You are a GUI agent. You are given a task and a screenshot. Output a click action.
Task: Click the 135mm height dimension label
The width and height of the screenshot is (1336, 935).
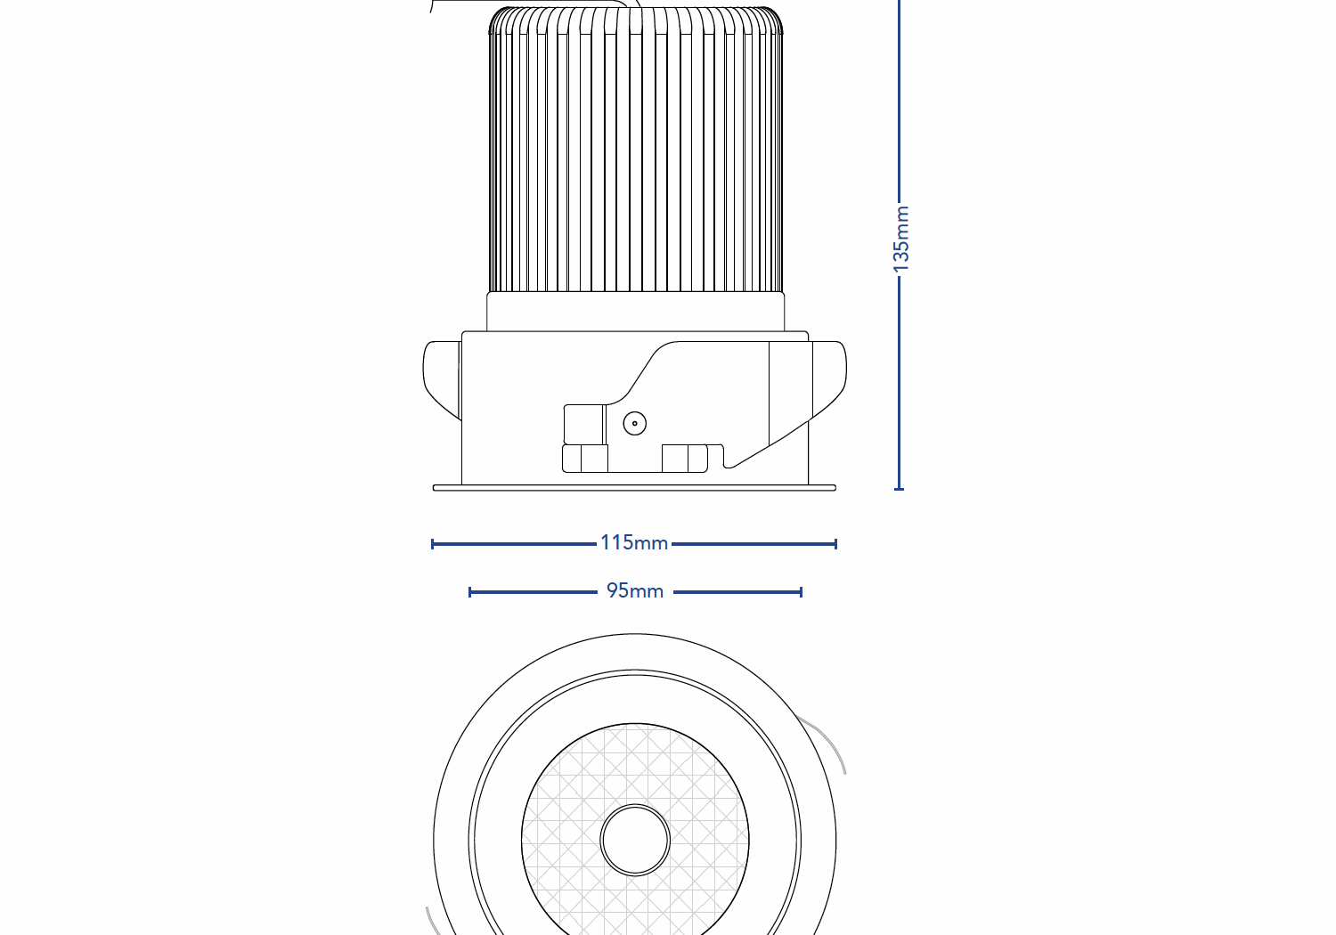(x=900, y=239)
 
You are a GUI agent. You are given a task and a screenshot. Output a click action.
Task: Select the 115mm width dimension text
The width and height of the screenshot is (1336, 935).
(x=633, y=542)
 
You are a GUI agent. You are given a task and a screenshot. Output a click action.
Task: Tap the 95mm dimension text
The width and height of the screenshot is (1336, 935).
(x=634, y=590)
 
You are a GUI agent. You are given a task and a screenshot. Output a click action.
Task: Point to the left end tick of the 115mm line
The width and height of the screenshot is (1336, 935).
(x=433, y=543)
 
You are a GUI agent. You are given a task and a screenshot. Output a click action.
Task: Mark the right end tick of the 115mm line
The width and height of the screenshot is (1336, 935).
(x=835, y=543)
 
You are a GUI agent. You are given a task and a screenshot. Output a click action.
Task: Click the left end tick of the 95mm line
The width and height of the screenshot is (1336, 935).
(x=470, y=591)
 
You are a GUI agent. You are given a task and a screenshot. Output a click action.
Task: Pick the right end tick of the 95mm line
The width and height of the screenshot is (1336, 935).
(x=801, y=591)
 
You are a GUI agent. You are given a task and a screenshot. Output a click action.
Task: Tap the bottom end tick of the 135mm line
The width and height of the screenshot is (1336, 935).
(x=899, y=488)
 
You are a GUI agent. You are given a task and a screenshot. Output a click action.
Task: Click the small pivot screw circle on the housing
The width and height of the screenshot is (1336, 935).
(x=634, y=423)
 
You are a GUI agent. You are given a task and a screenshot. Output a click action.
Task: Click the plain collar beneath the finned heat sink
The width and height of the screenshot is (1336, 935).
(x=635, y=312)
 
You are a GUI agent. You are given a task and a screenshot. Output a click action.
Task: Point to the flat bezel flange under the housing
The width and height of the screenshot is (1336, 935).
(x=634, y=488)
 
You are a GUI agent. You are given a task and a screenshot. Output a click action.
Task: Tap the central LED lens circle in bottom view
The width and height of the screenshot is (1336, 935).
(x=635, y=840)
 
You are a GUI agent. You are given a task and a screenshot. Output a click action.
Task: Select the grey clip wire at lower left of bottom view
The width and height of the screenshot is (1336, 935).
(x=433, y=922)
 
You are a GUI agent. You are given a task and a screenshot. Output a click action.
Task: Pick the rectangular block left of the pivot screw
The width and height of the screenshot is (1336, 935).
(x=584, y=424)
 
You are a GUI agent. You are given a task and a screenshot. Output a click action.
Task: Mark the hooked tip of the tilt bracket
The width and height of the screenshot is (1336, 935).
(x=729, y=461)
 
